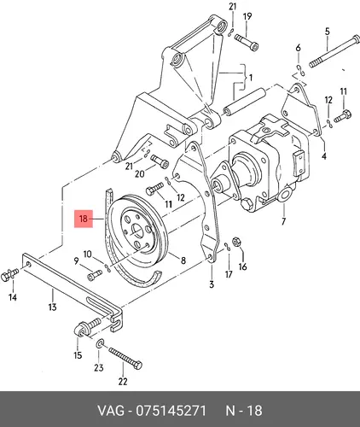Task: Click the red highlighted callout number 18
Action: point(84,219)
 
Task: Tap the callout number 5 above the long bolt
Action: point(328,32)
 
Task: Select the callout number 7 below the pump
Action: point(283,221)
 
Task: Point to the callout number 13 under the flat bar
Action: point(53,307)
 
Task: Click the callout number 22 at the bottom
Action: point(123,381)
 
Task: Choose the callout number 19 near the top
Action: point(247,16)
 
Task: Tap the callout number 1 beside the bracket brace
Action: point(251,78)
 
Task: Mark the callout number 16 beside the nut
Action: point(243,266)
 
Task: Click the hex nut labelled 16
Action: point(236,242)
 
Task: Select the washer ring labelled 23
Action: point(101,343)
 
